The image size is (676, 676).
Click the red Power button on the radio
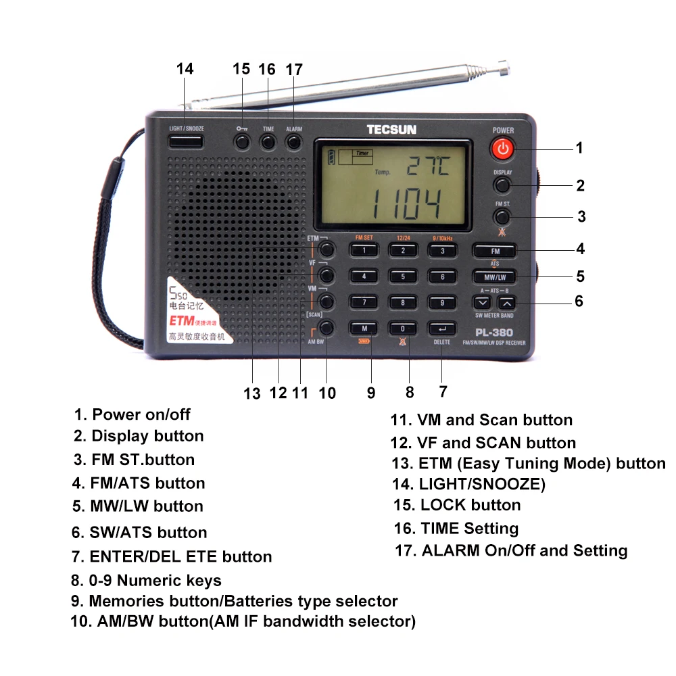pyautogui.click(x=502, y=149)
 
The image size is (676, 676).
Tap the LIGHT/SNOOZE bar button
pyautogui.click(x=186, y=141)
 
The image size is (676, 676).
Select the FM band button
pyautogui.click(x=495, y=250)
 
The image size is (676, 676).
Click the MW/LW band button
pyautogui.click(x=495, y=276)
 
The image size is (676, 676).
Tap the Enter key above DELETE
pyautogui.click(x=442, y=329)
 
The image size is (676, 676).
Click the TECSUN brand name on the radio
pyautogui.click(x=392, y=129)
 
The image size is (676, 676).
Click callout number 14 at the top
pyautogui.click(x=185, y=69)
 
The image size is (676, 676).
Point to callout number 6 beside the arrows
pyautogui.click(x=579, y=301)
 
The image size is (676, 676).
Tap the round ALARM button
pyautogui.click(x=293, y=141)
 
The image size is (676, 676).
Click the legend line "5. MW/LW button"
pyautogui.click(x=138, y=506)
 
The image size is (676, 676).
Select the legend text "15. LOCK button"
pyautogui.click(x=457, y=506)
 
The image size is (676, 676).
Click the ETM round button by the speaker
pyautogui.click(x=327, y=249)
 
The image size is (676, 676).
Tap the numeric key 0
pyautogui.click(x=403, y=329)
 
